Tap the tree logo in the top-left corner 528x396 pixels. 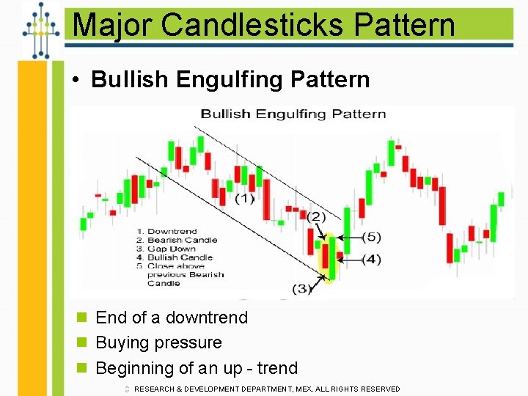click(40, 29)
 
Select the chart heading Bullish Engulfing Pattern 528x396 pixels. click(293, 114)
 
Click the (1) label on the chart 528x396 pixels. click(245, 199)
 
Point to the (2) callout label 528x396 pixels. click(316, 216)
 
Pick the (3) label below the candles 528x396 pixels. click(302, 288)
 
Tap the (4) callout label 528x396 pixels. click(371, 259)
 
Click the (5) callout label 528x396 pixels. click(371, 237)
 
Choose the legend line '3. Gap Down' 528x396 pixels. click(166, 249)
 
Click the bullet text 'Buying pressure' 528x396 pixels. click(158, 342)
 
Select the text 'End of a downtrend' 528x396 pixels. click(172, 318)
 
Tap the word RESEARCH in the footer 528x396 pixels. click(157, 389)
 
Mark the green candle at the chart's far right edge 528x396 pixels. click(501, 199)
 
